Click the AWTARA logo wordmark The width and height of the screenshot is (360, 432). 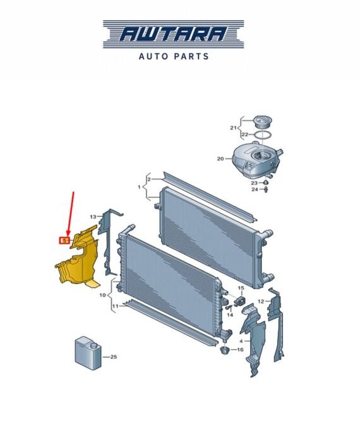[x=174, y=34]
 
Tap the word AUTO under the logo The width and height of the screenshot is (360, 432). [x=153, y=56]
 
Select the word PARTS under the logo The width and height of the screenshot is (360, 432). [x=191, y=56]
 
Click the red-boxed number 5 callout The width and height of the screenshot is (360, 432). [x=64, y=241]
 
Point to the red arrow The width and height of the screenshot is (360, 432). [x=71, y=214]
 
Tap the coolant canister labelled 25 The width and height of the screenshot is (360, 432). [x=88, y=352]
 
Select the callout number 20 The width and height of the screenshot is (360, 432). [x=220, y=159]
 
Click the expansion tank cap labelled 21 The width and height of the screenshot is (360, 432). [x=263, y=122]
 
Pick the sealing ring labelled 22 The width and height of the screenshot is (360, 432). [x=262, y=135]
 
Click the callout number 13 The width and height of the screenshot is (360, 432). [x=93, y=217]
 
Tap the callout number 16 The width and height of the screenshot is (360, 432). [x=240, y=350]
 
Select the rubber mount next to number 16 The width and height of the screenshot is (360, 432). [x=225, y=351]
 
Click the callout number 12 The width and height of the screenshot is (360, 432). [x=261, y=301]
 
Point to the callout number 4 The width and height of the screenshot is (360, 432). [x=241, y=341]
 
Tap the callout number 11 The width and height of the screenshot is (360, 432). [x=115, y=306]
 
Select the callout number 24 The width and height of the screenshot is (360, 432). [x=255, y=189]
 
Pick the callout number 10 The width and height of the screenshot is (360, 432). [x=102, y=295]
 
